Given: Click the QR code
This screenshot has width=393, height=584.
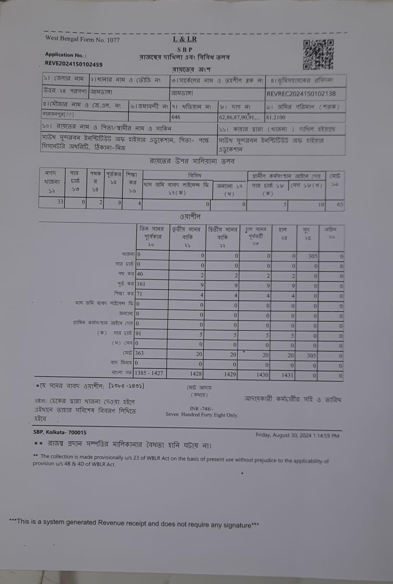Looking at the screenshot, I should [x=318, y=54].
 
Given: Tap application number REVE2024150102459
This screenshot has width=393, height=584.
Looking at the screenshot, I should [x=73, y=64].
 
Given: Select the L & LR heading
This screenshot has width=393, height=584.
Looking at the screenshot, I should [x=184, y=40].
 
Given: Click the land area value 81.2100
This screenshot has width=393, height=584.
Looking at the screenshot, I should [x=276, y=117].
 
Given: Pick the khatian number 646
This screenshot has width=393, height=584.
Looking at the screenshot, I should [x=176, y=117].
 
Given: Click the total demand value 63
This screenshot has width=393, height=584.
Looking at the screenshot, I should [x=340, y=204].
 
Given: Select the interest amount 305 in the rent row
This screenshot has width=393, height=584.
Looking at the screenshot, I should [x=312, y=256].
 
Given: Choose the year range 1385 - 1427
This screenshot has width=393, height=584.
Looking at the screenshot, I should [x=149, y=373].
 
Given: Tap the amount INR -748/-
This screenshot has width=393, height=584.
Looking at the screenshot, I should [x=201, y=408].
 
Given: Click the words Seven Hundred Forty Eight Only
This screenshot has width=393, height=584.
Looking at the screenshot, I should [x=201, y=415].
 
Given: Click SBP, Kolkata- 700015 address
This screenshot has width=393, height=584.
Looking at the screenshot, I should [x=60, y=432].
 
